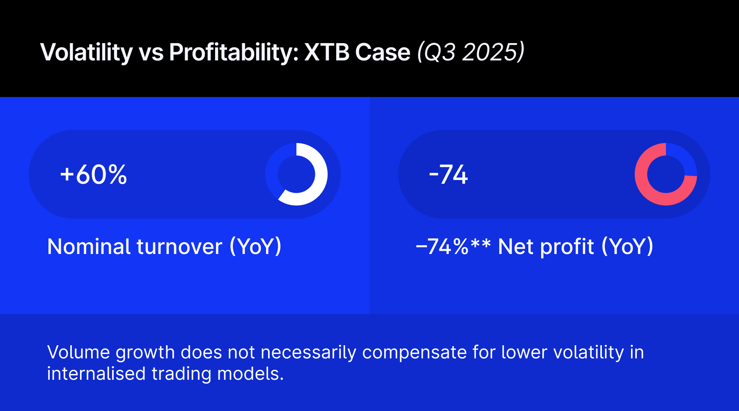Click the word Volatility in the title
click(86, 52)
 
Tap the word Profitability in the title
click(234, 52)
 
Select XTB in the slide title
click(327, 52)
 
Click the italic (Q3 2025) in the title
click(471, 52)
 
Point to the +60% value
click(94, 175)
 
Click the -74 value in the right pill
click(448, 175)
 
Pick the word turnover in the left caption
click(179, 247)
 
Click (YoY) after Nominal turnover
click(255, 247)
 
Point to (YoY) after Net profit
click(627, 247)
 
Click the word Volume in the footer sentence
click(78, 352)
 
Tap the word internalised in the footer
click(96, 374)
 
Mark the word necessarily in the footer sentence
click(308, 353)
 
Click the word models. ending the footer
click(250, 374)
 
